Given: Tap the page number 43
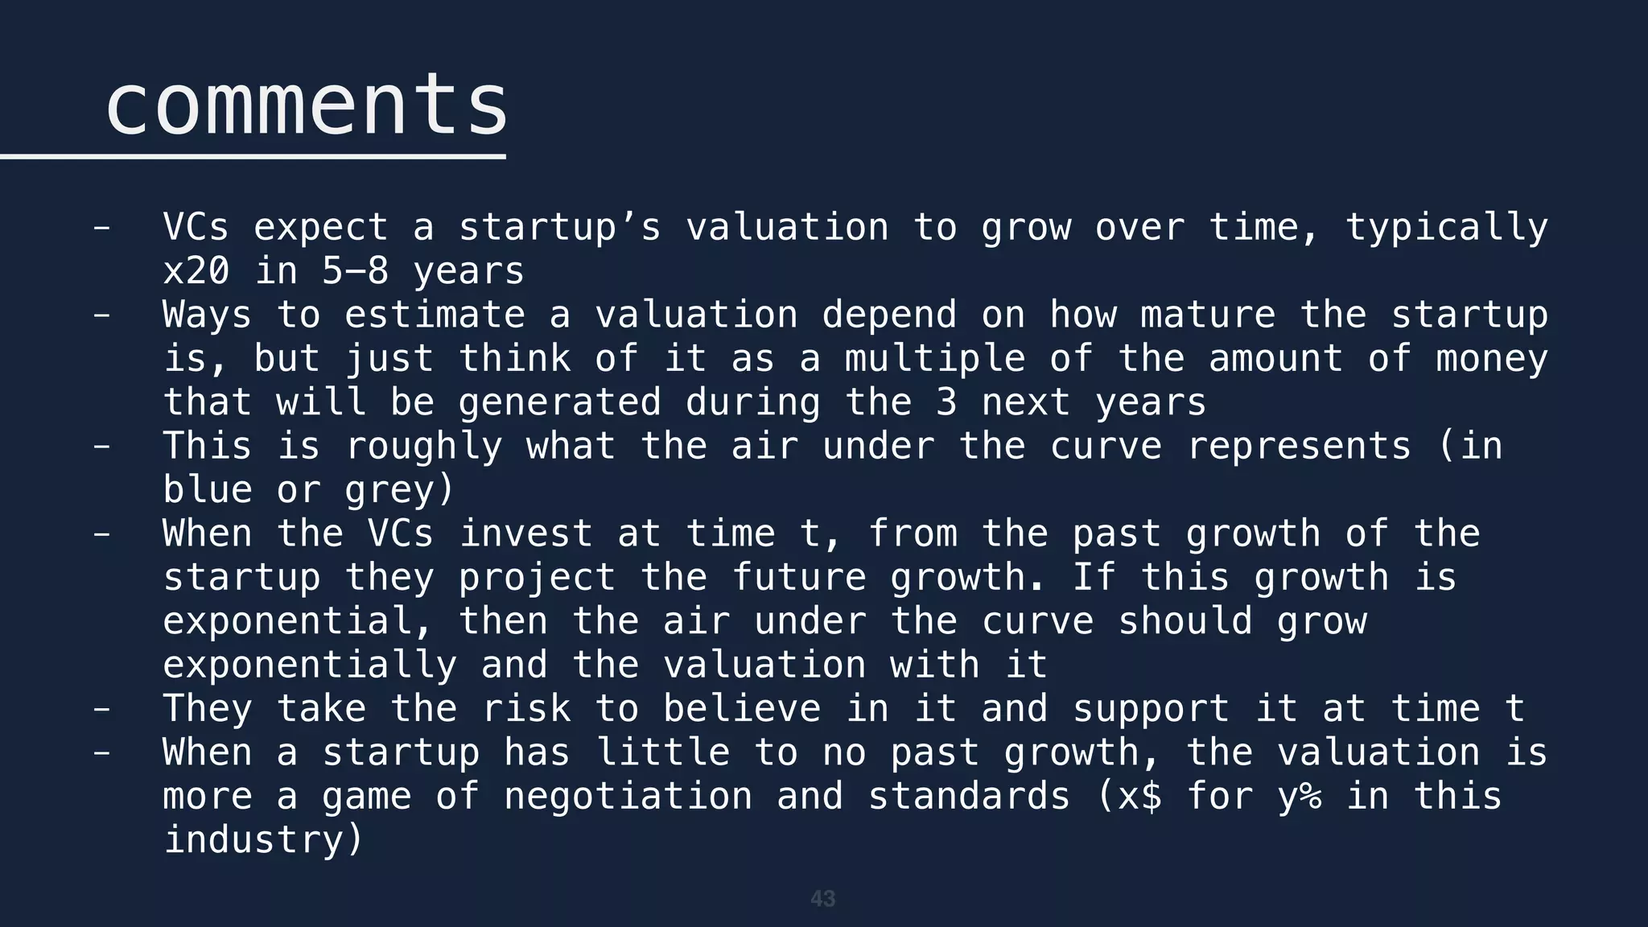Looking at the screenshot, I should pyautogui.click(x=822, y=899).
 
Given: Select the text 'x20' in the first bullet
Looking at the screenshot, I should pyautogui.click(x=196, y=271).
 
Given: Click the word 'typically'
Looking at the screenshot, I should pyautogui.click(x=1446, y=228).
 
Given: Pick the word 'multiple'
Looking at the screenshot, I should pyautogui.click(x=934, y=359).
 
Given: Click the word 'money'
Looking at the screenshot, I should pyautogui.click(x=1491, y=359).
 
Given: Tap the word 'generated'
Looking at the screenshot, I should pyautogui.click(x=559, y=402).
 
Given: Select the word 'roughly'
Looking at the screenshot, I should pyautogui.click(x=423, y=447).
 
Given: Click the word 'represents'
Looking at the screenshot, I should pyautogui.click(x=1298, y=447).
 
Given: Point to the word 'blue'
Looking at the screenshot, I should pyautogui.click(x=208, y=490).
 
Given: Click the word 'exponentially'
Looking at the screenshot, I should pyautogui.click(x=310, y=665).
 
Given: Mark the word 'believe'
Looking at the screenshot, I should pyautogui.click(x=741, y=709).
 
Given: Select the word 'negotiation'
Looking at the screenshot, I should pyautogui.click(x=628, y=797).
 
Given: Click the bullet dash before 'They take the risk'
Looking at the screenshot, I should pyautogui.click(x=101, y=709).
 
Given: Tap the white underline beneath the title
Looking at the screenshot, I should pyautogui.click(x=253, y=156).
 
